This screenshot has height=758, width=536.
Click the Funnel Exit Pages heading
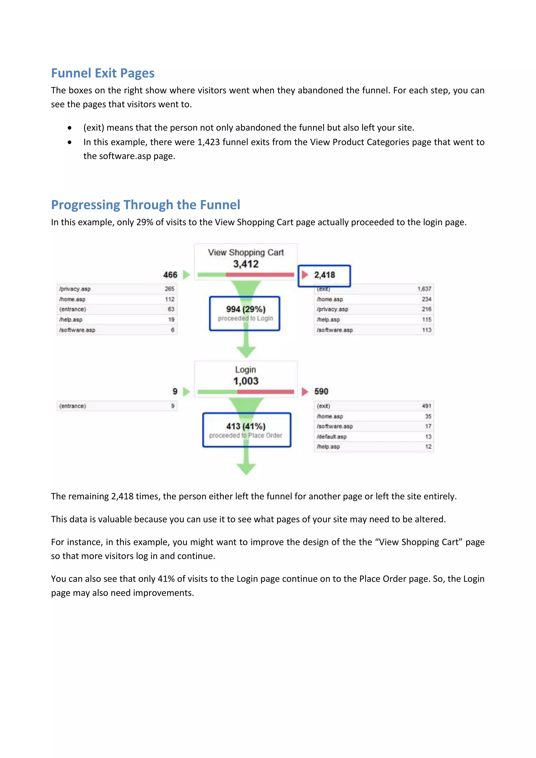103,73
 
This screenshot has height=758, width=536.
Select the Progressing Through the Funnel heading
146,205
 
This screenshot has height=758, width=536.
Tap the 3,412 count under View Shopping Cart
246,264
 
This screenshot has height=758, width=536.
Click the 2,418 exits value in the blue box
325,275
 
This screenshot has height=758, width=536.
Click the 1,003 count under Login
246,381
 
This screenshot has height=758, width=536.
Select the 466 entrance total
170,275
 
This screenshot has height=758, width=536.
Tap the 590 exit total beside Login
321,392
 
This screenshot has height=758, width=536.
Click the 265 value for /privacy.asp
169,289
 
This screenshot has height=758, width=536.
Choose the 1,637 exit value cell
424,289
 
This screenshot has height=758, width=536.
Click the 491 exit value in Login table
426,406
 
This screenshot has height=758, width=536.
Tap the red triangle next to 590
305,392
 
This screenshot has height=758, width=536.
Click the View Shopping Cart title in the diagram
246,253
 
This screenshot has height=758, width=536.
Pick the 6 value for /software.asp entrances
173,330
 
